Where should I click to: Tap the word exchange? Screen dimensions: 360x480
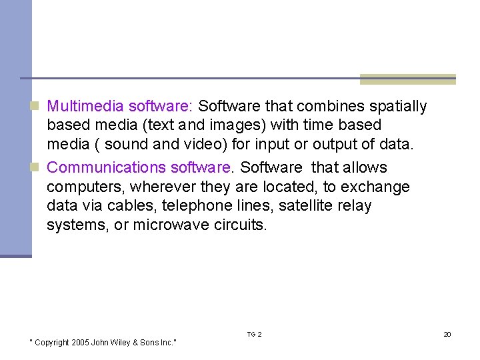[375, 187]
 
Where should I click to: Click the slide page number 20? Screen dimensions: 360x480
[447, 334]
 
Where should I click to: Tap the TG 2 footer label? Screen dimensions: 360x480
[254, 334]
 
